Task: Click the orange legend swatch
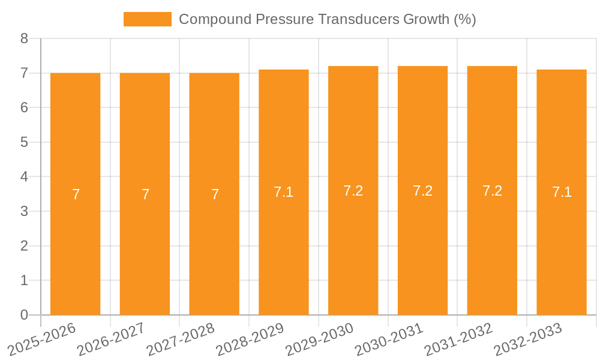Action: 148,19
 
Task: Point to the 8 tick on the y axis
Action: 24,38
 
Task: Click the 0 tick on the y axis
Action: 24,315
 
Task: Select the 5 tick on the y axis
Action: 24,142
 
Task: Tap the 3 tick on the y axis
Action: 24,211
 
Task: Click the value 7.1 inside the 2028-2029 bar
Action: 284,192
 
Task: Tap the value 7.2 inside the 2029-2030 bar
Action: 353,191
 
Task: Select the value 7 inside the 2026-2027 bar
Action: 145,194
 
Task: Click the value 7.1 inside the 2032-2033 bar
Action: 562,192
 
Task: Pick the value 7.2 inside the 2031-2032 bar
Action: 492,191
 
